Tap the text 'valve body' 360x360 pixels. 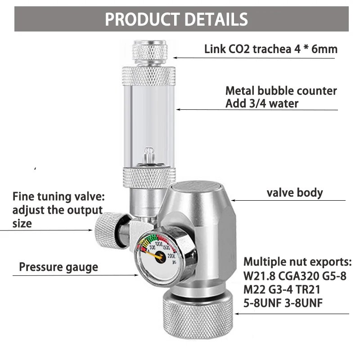coord(295,193)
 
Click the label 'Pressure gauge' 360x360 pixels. coord(58,267)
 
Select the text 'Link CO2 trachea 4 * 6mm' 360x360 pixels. coord(270,49)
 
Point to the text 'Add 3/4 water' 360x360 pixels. coord(262,103)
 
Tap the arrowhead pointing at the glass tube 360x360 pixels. coord(178,108)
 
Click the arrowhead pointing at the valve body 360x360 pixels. coord(233,199)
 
